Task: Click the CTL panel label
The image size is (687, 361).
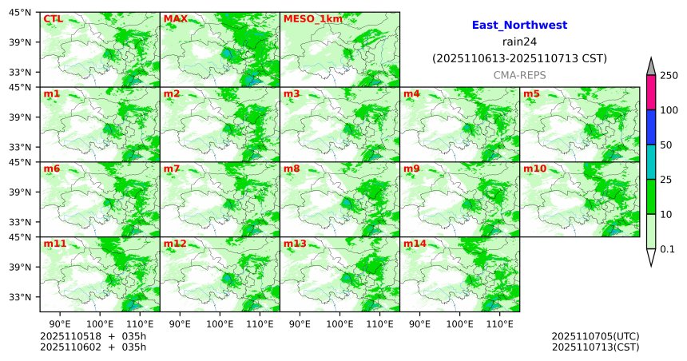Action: tap(52, 18)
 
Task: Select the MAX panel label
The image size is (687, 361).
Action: tap(175, 18)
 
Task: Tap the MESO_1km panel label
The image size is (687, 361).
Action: tap(311, 18)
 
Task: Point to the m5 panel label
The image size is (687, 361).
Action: tap(531, 93)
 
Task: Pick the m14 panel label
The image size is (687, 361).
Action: tap(415, 243)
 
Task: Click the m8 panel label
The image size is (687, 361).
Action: tap(292, 169)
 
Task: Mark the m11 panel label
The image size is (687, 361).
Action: tap(55, 243)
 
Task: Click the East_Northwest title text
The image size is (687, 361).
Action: tap(519, 26)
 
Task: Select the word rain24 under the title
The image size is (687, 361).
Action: tap(519, 42)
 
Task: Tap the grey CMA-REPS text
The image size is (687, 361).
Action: tap(519, 73)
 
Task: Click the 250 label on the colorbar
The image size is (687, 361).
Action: tap(669, 76)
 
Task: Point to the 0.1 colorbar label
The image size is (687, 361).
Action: tap(668, 249)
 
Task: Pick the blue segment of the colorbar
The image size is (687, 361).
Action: tap(651, 127)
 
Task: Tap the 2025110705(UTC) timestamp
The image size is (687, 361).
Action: tap(595, 336)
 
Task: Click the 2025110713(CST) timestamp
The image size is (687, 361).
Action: tap(595, 347)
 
